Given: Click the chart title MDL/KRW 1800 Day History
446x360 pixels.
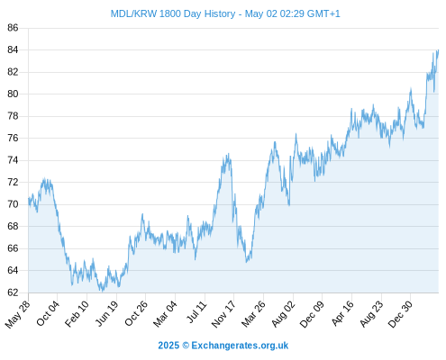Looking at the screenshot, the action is [x=173, y=13].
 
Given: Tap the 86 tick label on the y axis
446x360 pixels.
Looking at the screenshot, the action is [x=13, y=28].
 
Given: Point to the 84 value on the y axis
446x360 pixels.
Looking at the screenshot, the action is [x=13, y=49].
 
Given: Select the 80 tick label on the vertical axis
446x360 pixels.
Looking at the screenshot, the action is [x=13, y=94].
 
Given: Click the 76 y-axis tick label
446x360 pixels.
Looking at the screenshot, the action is [x=13, y=138].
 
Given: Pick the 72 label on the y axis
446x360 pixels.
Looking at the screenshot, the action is [x=13, y=182].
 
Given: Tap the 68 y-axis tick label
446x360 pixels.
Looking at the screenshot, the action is [x=13, y=226].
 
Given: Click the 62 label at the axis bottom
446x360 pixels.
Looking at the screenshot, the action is [x=13, y=292].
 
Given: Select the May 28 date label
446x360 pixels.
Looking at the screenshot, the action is [x=18, y=314].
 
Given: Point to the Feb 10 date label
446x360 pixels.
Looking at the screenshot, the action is [x=77, y=314].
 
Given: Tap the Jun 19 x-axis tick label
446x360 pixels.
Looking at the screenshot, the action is [x=106, y=314].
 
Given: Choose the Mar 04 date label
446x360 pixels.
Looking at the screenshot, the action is [x=165, y=314].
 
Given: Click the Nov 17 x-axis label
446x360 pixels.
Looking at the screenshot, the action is [x=223, y=314].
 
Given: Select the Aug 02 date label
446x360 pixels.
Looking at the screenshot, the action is [x=283, y=314].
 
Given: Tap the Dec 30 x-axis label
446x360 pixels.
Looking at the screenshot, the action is [x=400, y=314].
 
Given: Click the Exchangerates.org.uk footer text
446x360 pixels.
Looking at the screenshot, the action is [x=240, y=346].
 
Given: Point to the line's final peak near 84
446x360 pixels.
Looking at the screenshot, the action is [x=438, y=50].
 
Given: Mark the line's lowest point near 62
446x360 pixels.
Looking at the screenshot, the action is [x=103, y=291].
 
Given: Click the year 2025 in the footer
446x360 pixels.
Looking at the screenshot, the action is [x=168, y=346].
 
